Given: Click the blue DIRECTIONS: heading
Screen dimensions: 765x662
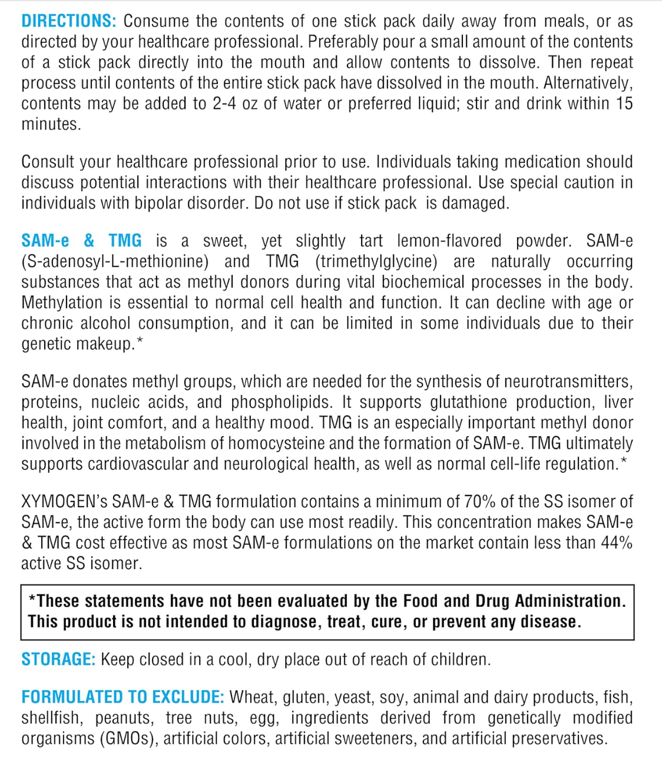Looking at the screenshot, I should pos(69,21).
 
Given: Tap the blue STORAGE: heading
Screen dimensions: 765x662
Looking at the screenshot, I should pos(58,659).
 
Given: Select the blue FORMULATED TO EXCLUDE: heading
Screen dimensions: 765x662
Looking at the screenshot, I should pos(123,697).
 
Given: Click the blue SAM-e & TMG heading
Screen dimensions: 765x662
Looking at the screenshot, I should pos(81,241).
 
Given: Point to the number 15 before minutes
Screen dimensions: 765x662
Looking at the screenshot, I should pos(624,104).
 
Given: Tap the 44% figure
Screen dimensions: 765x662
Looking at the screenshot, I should pos(617,543).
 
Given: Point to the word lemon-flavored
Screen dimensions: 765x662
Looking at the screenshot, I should pos(449,241).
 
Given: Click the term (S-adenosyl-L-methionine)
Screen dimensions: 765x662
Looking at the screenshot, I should pos(115,261).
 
